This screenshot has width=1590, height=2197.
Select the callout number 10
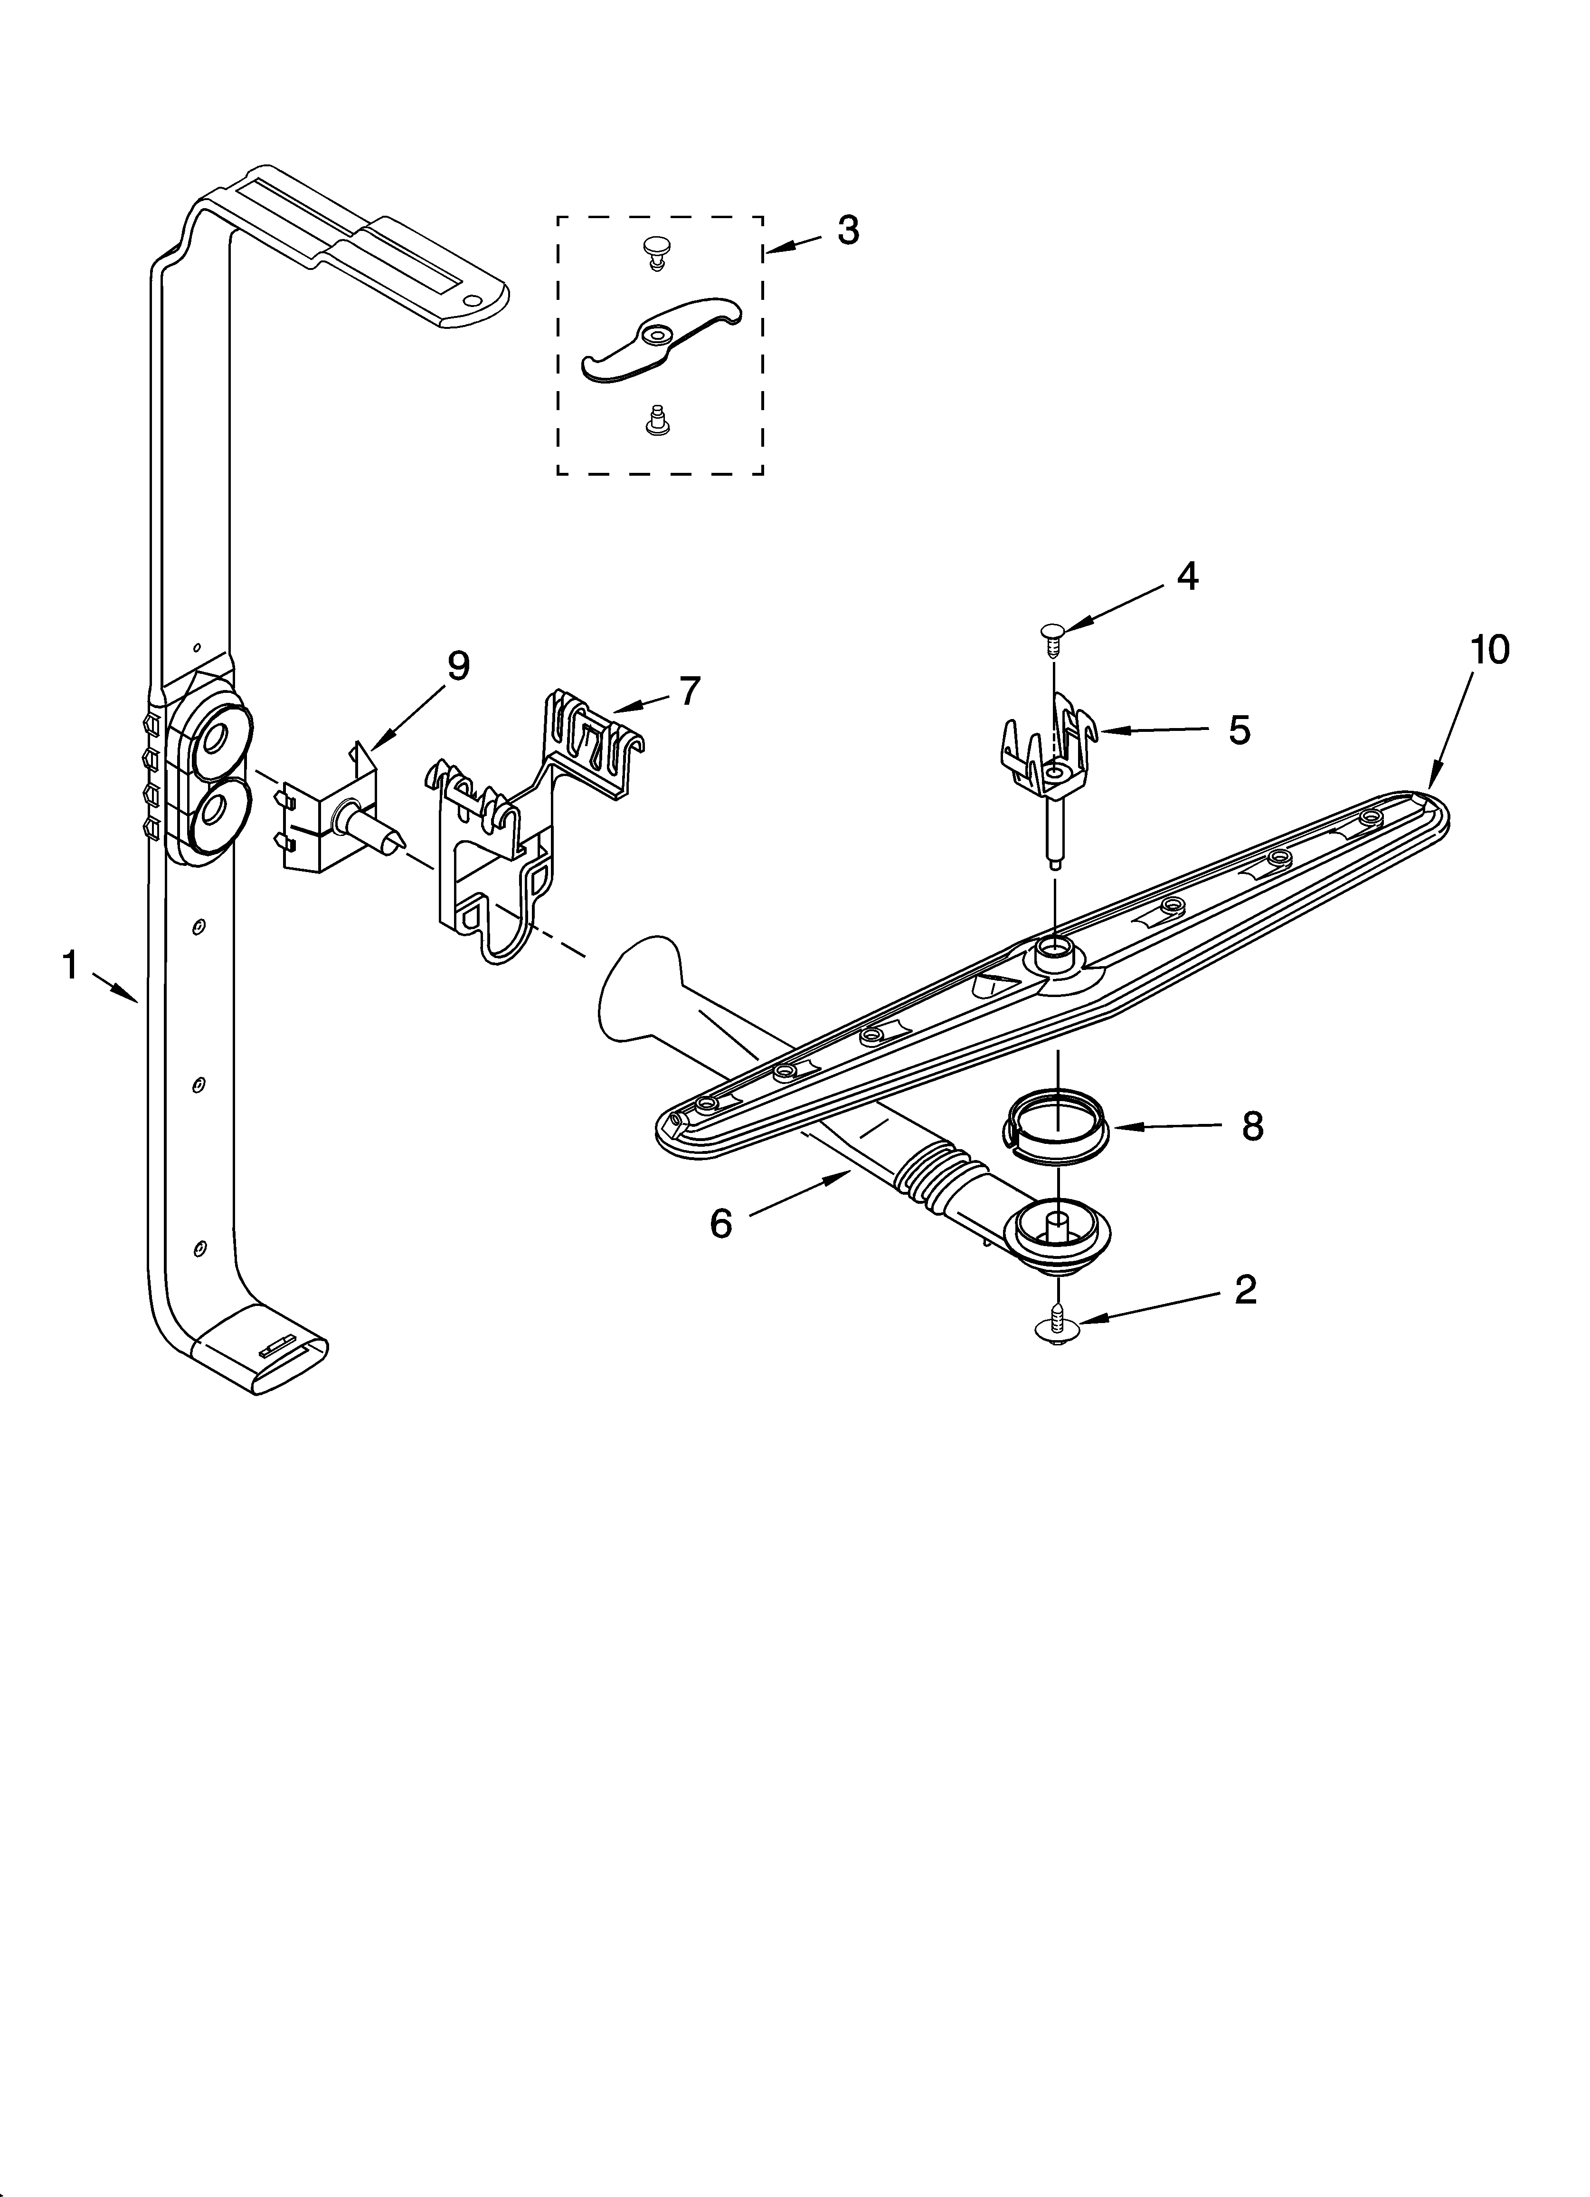point(1489,650)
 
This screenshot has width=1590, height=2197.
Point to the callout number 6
point(721,1223)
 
